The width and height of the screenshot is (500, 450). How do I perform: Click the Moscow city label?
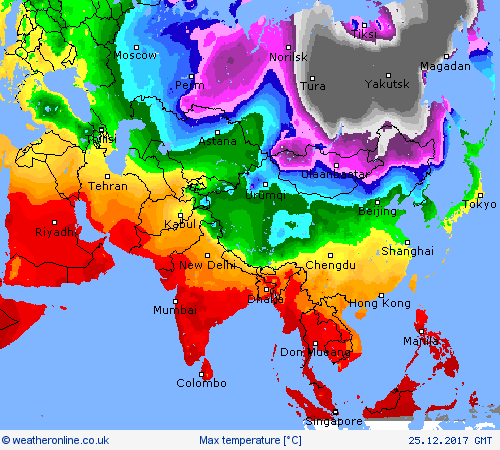click(x=136, y=56)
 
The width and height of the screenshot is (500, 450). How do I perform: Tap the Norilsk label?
click(x=289, y=58)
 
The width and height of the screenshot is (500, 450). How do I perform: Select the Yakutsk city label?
click(x=387, y=84)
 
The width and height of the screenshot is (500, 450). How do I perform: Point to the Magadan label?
click(x=445, y=66)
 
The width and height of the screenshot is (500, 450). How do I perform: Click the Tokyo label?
click(x=479, y=205)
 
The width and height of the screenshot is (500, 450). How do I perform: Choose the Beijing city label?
click(x=377, y=212)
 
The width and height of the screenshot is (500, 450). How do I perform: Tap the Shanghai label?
click(x=407, y=250)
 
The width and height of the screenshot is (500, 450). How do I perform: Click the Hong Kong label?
click(x=379, y=303)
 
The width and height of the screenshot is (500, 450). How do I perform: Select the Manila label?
click(x=421, y=341)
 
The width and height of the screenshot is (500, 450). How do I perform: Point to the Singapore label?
click(x=334, y=421)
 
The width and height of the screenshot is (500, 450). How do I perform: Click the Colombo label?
click(x=202, y=383)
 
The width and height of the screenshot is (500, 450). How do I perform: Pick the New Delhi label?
click(x=206, y=265)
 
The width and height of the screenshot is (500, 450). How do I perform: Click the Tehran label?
click(x=108, y=186)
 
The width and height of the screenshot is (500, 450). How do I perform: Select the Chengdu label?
click(x=331, y=265)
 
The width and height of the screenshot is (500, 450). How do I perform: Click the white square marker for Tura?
click(x=311, y=77)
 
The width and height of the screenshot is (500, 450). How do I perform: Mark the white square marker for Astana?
click(x=218, y=132)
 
